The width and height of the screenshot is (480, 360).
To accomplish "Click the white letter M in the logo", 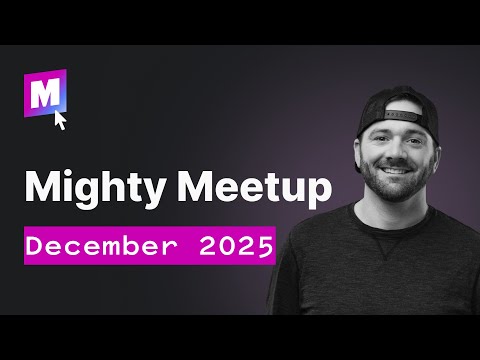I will (x=45, y=97).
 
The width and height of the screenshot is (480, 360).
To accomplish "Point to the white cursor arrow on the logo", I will (x=60, y=120).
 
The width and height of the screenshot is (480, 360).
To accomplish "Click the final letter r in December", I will (x=165, y=247).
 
